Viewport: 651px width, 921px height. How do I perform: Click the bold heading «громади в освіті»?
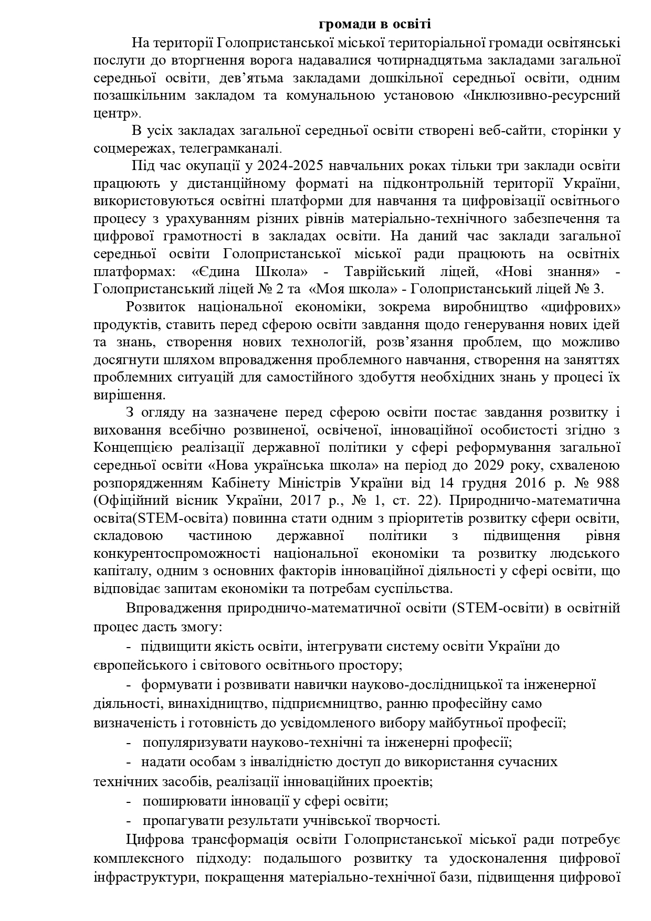tap(375, 24)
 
